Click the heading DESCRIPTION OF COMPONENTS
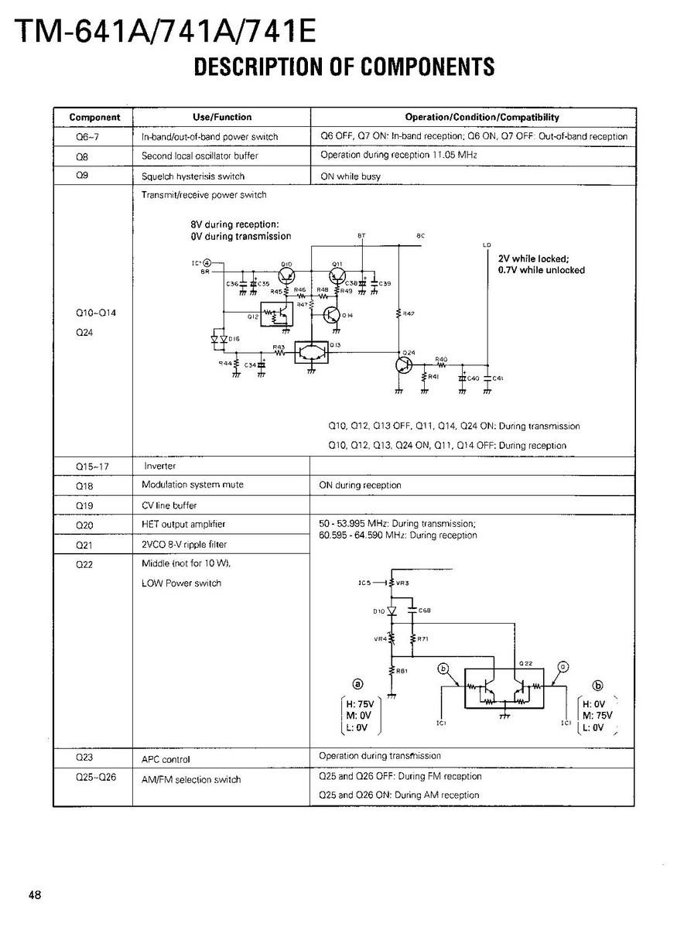tap(344, 67)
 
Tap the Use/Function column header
tap(221, 117)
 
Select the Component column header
tap(94, 118)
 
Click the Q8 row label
tap(83, 156)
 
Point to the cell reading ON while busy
tap(351, 176)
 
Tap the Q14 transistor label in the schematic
tap(347, 316)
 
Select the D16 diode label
tap(234, 339)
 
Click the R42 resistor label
tap(409, 313)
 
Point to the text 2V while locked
tap(534, 259)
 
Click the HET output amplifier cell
tap(183, 524)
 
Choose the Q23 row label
tap(84, 758)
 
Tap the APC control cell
tap(166, 760)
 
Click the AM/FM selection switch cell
tap(191, 780)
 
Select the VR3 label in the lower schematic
tap(402, 583)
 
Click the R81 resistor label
tap(402, 671)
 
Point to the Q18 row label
tap(84, 485)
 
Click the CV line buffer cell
tap(169, 505)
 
